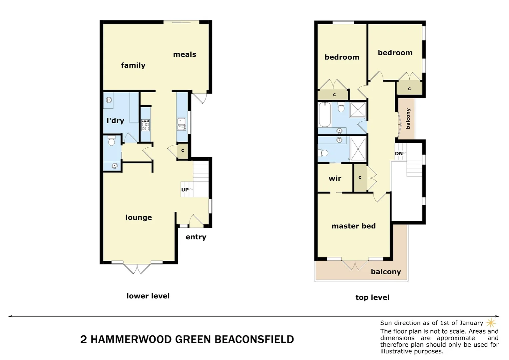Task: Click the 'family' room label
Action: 133,65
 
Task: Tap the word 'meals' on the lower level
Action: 185,55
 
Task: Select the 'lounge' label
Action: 139,217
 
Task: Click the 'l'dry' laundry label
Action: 115,121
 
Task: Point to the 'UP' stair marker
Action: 185,190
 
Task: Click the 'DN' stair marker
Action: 399,154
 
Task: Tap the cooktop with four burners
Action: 146,125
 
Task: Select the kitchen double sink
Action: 182,124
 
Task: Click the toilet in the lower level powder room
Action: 112,141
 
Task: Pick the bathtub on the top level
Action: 324,115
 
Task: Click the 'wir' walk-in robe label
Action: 335,179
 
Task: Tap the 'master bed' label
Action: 353,226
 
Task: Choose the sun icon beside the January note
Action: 491,323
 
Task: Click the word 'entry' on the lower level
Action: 196,237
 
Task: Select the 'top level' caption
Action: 372,297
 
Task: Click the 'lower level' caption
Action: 148,296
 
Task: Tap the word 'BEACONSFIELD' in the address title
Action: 254,339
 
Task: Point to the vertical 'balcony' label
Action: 408,118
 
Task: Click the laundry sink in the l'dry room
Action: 109,99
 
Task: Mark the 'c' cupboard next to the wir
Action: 360,178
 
